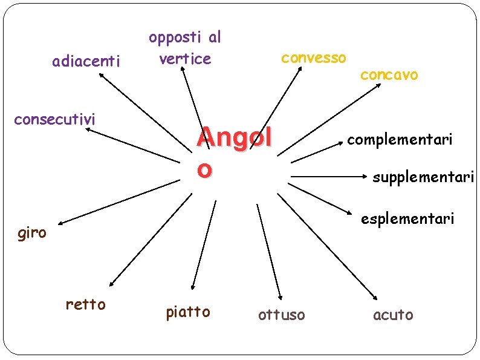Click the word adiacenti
pyautogui.click(x=86, y=61)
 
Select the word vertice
pyautogui.click(x=185, y=59)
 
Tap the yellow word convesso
pyautogui.click(x=314, y=58)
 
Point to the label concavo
pyautogui.click(x=389, y=74)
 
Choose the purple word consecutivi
pyautogui.click(x=54, y=119)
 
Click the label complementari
pyautogui.click(x=400, y=140)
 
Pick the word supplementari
pyautogui.click(x=424, y=178)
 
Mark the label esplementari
pyautogui.click(x=407, y=218)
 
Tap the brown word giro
pyautogui.click(x=32, y=233)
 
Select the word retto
pyautogui.click(x=85, y=304)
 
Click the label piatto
pyautogui.click(x=188, y=312)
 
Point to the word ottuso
pyautogui.click(x=282, y=315)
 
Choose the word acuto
pyautogui.click(x=394, y=315)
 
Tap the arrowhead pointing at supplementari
pyautogui.click(x=366, y=178)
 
